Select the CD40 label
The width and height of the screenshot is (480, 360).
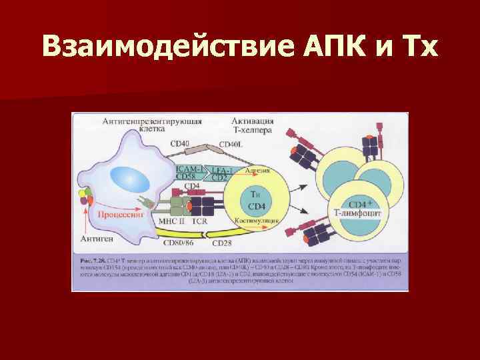[180, 142]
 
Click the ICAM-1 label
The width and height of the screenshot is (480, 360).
[189, 168]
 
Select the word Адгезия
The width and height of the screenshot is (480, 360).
[257, 171]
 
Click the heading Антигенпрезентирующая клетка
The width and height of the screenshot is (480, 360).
[153, 125]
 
